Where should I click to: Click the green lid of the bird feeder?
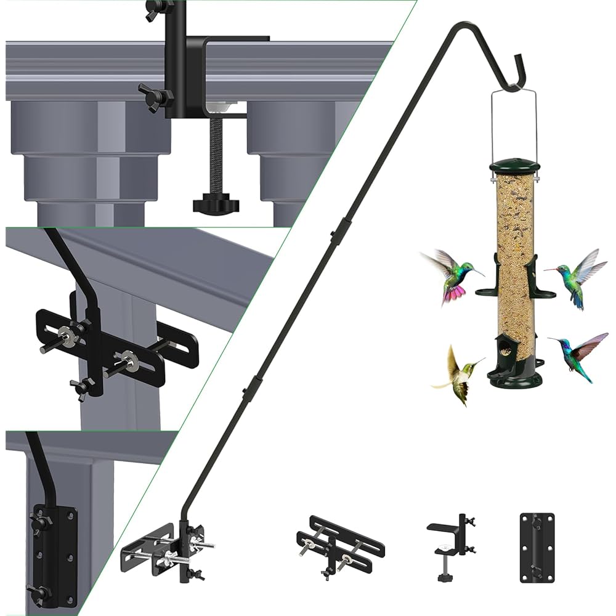click(x=514, y=167)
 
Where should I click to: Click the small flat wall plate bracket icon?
click(x=537, y=548)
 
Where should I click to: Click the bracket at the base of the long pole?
click(x=166, y=549)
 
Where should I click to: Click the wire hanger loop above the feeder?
click(x=514, y=123)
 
